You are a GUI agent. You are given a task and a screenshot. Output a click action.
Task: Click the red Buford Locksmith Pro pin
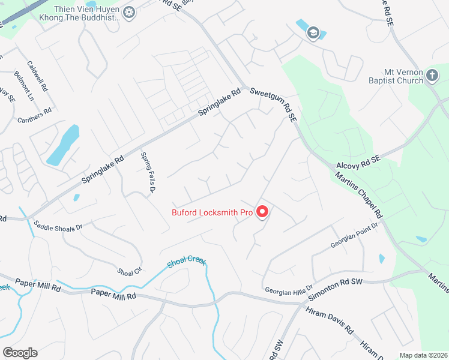tap(262, 211)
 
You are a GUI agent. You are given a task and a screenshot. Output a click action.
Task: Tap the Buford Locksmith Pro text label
tap(212, 212)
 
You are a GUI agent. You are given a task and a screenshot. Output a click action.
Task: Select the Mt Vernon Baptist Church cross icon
tap(432, 76)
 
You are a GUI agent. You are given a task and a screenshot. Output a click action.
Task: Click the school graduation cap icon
tap(312, 32)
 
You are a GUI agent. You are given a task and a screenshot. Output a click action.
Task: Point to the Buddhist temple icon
tap(129, 12)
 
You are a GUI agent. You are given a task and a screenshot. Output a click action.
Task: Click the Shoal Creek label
tap(187, 262)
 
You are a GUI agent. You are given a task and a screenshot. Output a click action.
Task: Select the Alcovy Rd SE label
tap(359, 162)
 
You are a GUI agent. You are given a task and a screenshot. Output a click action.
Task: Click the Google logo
tap(20, 353)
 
